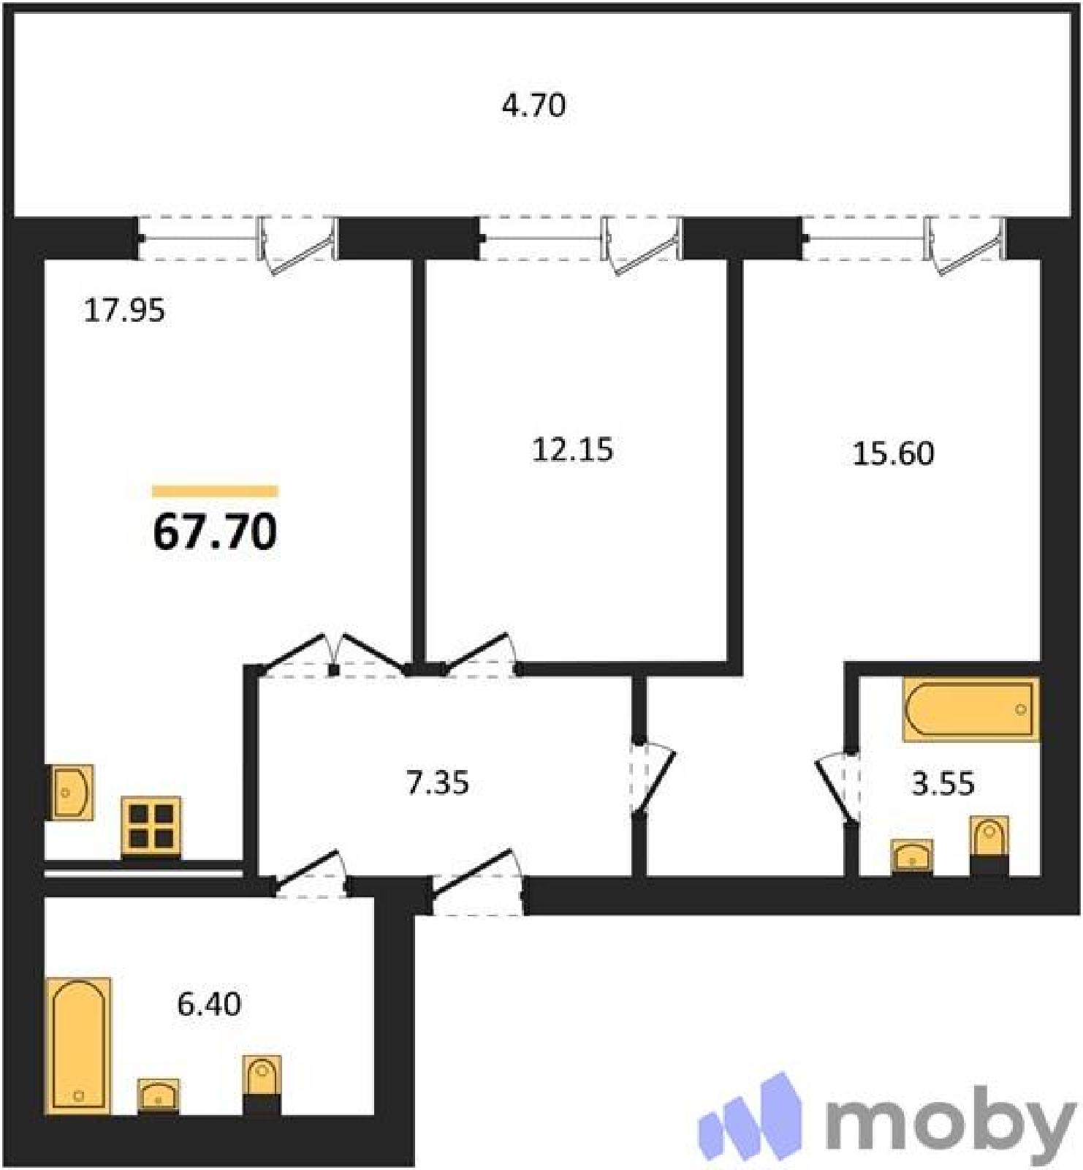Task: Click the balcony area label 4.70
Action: pyautogui.click(x=533, y=106)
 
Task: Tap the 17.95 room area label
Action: pyautogui.click(x=125, y=311)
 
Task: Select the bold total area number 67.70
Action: pyautogui.click(x=215, y=532)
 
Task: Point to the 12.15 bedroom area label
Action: pyautogui.click(x=573, y=449)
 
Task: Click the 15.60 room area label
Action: pyautogui.click(x=893, y=453)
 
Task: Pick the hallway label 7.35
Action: pyautogui.click(x=438, y=783)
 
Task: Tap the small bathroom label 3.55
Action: pyautogui.click(x=943, y=784)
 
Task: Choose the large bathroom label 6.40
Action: pyautogui.click(x=209, y=1004)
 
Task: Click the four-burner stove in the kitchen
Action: pyautogui.click(x=151, y=826)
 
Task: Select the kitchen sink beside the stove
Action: pyautogui.click(x=72, y=792)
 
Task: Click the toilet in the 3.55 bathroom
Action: pyautogui.click(x=989, y=846)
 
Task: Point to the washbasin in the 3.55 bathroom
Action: pyautogui.click(x=912, y=856)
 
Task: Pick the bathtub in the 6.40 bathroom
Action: pyautogui.click(x=78, y=1046)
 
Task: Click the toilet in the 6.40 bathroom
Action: pyautogui.click(x=262, y=1085)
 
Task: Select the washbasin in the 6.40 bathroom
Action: pyautogui.click(x=158, y=1096)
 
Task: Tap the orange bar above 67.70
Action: pyautogui.click(x=215, y=491)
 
